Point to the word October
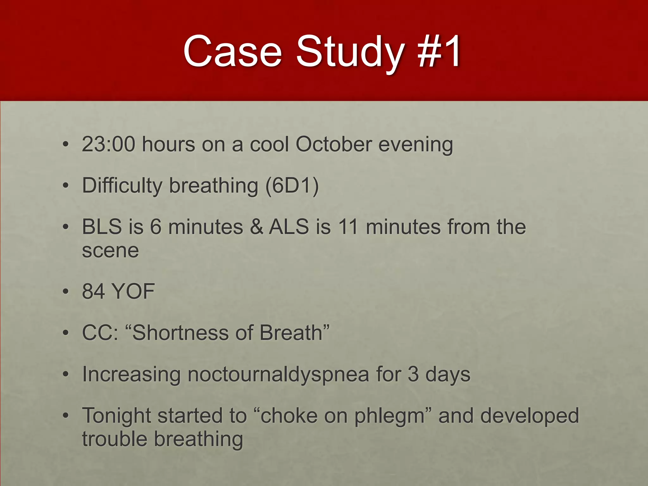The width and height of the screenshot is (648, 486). [333, 144]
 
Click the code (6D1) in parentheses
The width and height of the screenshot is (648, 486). [292, 185]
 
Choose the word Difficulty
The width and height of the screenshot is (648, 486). [122, 185]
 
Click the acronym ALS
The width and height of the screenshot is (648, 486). [289, 227]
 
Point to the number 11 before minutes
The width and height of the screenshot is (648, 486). [348, 227]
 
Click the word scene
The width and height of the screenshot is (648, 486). [110, 251]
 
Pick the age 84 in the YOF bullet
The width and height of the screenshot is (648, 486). [93, 291]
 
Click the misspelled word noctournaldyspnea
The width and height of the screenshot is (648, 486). [278, 375]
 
